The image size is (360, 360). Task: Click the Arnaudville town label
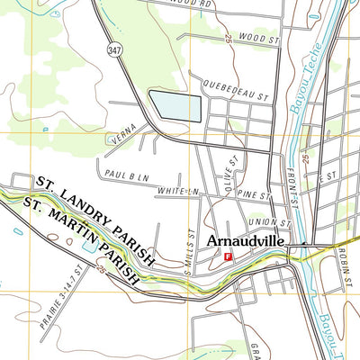click(254, 241)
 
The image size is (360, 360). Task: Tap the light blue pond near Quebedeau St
click(175, 105)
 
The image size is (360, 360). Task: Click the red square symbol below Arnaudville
click(228, 257)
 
